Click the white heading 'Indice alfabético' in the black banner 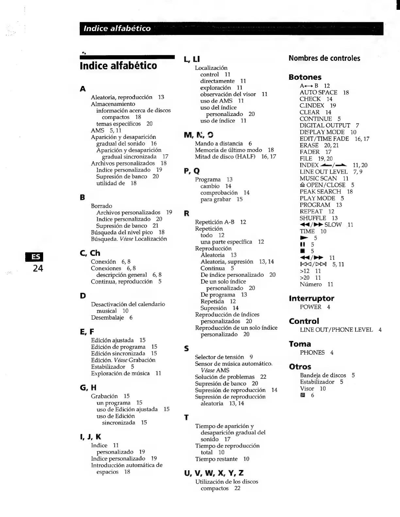(x=117, y=29)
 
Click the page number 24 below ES (x=38, y=269)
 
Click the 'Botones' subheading (x=305, y=77)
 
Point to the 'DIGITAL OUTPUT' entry (x=325, y=125)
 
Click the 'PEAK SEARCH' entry (x=320, y=192)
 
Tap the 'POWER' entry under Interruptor (x=310, y=307)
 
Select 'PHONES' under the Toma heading (x=312, y=353)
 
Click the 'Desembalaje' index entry (x=108, y=318)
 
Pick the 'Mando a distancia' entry (x=219, y=143)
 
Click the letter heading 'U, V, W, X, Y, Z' (x=214, y=473)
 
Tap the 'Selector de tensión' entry (x=219, y=357)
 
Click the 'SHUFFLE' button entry (x=313, y=218)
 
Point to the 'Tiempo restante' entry (x=216, y=459)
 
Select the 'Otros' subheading (x=300, y=367)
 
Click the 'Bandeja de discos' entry (x=323, y=375)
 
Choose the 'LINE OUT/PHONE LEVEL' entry (x=336, y=330)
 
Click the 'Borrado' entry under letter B (x=101, y=206)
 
